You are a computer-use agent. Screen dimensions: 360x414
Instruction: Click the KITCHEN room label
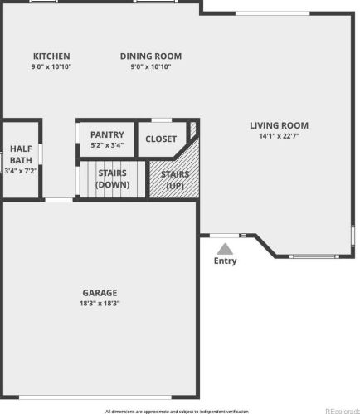coord(51,56)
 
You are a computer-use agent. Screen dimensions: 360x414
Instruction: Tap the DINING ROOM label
coord(151,56)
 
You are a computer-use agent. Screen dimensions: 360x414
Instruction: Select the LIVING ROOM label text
coord(279,125)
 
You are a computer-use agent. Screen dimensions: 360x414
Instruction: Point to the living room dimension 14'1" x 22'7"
coord(279,136)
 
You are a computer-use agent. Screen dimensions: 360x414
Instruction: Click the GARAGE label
coord(100,293)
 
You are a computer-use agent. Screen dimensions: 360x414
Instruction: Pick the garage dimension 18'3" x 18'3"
coord(100,303)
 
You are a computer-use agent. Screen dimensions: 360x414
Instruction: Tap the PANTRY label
coord(107,134)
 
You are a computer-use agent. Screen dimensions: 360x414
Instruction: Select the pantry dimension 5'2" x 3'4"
coord(107,145)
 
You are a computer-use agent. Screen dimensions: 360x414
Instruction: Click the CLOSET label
coord(161,139)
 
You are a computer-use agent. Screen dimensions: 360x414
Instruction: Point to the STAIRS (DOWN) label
coord(112,178)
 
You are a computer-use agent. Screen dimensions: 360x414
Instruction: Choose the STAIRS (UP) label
coord(175,180)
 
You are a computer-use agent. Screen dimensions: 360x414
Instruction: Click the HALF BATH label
coord(21,154)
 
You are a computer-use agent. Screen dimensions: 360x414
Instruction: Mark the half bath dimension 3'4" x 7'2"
coord(21,171)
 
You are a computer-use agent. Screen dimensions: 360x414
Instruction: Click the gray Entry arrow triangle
coord(225,249)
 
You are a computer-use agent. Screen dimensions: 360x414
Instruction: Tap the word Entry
coord(225,261)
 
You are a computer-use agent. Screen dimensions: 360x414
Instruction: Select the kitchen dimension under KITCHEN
coord(51,66)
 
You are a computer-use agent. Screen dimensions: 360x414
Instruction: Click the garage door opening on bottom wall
coord(95,397)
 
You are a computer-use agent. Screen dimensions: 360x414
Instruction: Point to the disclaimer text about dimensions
coord(177,412)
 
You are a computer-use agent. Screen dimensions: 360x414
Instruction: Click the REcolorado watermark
coord(343,411)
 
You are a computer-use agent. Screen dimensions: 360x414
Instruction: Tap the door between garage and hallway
coord(59,200)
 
